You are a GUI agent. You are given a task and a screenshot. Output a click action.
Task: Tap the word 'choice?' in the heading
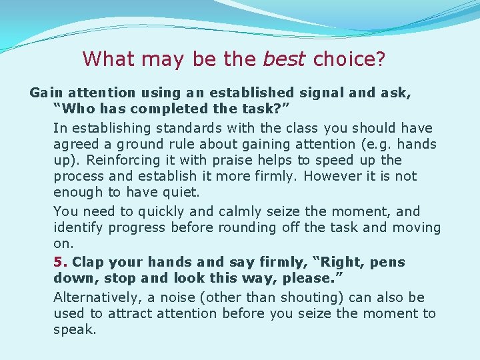click(349, 59)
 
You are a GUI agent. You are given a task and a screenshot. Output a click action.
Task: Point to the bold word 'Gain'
click(45, 93)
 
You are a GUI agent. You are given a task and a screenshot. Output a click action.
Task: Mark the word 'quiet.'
click(182, 192)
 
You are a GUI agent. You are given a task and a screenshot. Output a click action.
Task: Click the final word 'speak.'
click(75, 329)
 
